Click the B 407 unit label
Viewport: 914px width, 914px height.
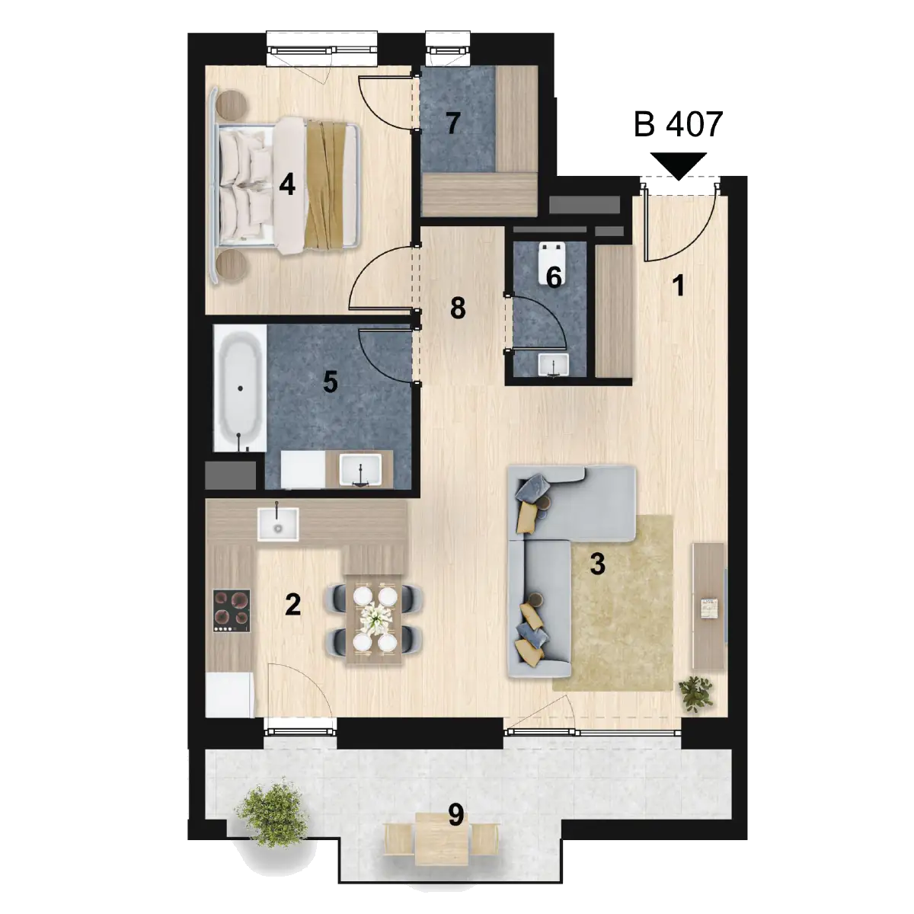(679, 124)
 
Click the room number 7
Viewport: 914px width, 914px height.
(453, 123)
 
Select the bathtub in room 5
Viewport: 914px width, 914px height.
(240, 388)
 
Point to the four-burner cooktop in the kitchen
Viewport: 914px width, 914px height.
(232, 609)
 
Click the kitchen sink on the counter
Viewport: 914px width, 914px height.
(278, 524)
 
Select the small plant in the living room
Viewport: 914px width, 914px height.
(696, 693)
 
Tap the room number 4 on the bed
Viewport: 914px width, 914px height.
(287, 184)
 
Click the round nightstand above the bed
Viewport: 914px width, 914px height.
(232, 104)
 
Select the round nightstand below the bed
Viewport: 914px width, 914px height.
(232, 264)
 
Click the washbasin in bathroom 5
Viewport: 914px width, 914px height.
(360, 470)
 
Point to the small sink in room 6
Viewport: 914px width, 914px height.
(553, 365)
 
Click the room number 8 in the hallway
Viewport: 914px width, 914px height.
(458, 308)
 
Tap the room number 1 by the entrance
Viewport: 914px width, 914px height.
(679, 286)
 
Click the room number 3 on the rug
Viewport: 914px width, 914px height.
(598, 564)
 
